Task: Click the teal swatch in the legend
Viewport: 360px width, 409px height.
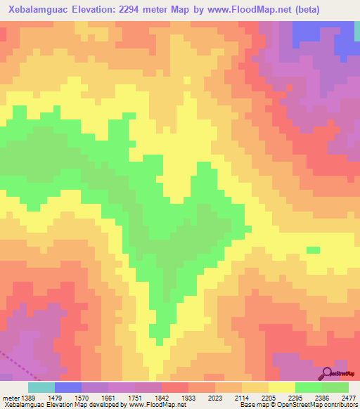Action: coord(41,387)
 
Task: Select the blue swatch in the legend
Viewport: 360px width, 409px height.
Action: coord(68,387)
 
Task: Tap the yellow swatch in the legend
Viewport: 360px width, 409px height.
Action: coord(282,387)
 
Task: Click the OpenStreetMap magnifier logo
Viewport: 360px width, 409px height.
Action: coord(328,372)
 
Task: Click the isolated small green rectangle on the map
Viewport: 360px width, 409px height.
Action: coord(313,249)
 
